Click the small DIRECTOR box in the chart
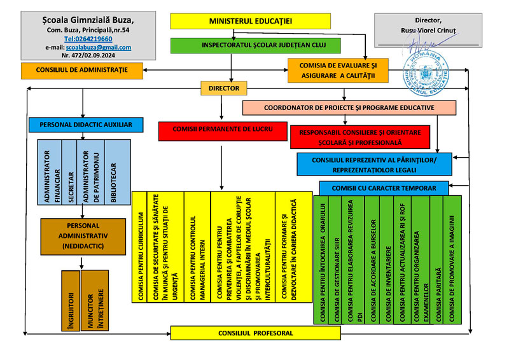(x=224, y=88)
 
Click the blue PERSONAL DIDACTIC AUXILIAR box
(x=85, y=124)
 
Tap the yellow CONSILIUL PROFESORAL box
(x=256, y=333)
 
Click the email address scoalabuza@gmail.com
(x=105, y=47)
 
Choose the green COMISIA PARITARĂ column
(x=436, y=260)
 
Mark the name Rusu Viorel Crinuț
(x=428, y=30)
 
